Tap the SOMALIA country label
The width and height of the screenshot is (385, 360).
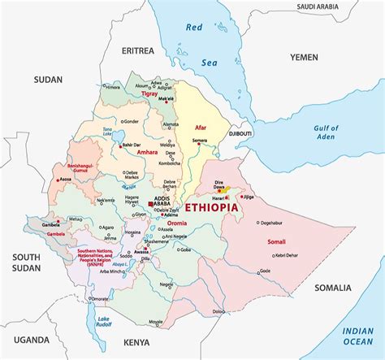click(333, 288)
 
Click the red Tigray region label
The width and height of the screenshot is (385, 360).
click(149, 94)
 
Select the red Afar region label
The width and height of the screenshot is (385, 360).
click(201, 128)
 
